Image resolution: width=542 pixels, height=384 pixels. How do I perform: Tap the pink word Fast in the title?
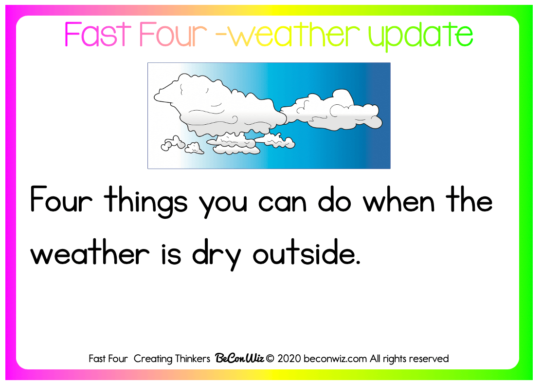98,34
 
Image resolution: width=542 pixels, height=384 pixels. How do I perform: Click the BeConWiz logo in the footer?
239,358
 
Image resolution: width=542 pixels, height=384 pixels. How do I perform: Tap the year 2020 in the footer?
289,359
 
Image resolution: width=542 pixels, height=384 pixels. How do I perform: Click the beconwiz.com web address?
335,359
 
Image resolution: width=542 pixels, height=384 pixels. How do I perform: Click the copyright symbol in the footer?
271,359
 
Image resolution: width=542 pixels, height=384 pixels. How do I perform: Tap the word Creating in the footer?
153,359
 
